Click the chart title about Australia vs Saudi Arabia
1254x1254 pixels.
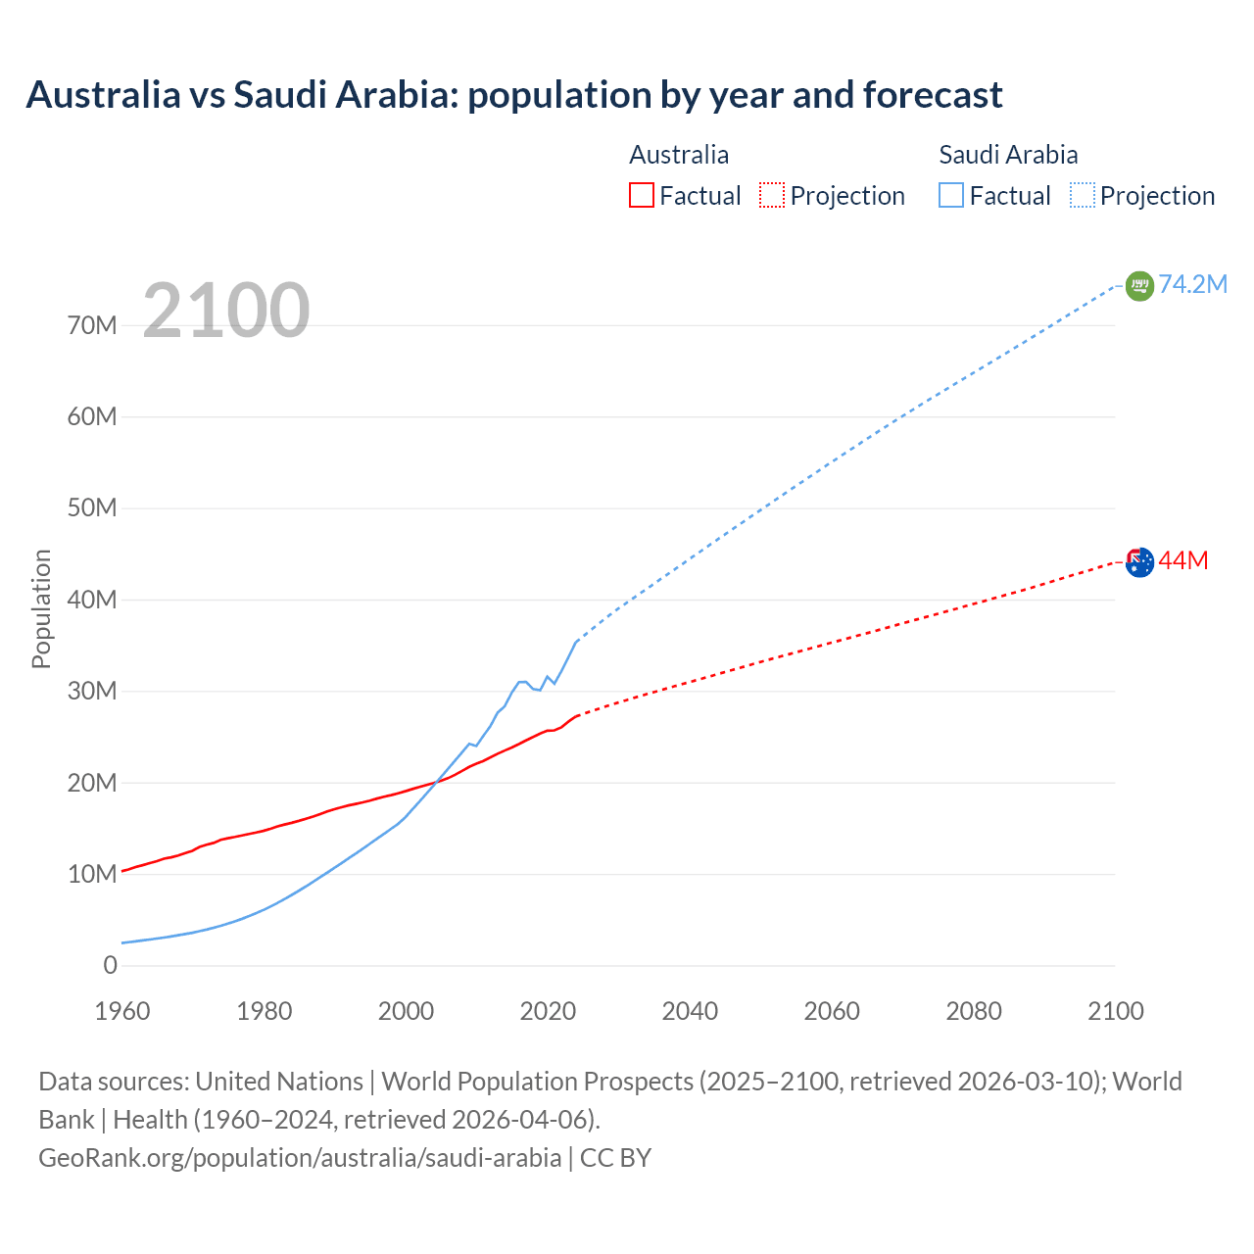pos(513,95)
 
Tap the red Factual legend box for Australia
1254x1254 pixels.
pos(641,196)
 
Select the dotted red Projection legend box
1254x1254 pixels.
pos(772,196)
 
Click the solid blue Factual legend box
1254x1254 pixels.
pos(950,196)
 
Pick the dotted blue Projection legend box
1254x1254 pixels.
pos(1082,196)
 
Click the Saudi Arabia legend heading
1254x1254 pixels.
pos(1007,155)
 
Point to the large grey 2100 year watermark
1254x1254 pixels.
pos(226,311)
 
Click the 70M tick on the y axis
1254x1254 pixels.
pos(92,325)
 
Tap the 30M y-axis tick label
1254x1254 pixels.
pos(92,692)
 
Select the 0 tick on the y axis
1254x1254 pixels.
pos(110,966)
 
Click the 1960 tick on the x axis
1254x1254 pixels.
pos(122,1011)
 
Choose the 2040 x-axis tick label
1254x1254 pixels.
pos(690,1011)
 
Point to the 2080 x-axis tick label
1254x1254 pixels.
pos(974,1011)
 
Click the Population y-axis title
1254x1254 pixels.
pos(41,608)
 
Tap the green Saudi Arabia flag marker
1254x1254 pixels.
pos(1139,286)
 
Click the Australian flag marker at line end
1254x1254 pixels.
pos(1139,562)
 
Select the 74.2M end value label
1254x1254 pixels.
pos(1192,284)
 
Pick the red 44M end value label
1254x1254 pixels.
pos(1182,560)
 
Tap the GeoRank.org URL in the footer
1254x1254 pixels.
pos(300,1158)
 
